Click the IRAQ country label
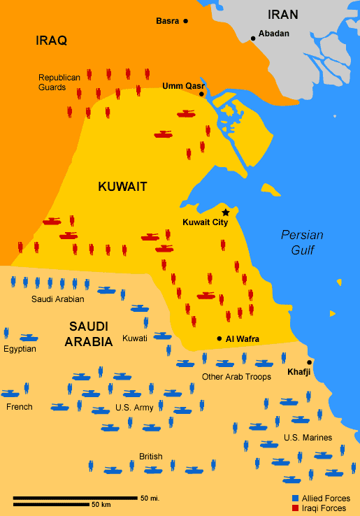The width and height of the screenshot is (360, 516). pyautogui.click(x=51, y=41)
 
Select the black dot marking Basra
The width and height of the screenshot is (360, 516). pyautogui.click(x=186, y=22)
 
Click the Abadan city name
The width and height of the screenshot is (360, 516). pyautogui.click(x=273, y=33)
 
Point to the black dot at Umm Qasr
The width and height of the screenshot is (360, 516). pyautogui.click(x=201, y=94)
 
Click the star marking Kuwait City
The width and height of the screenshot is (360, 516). pyautogui.click(x=225, y=212)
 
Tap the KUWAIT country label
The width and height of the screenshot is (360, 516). pyautogui.click(x=122, y=187)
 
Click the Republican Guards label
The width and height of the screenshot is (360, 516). pyautogui.click(x=59, y=83)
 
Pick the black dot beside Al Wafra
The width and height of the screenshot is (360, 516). pyautogui.click(x=219, y=339)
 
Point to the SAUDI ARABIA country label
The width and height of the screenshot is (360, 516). pyautogui.click(x=89, y=334)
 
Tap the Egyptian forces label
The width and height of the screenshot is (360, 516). pyautogui.click(x=20, y=349)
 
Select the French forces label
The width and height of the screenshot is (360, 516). pyautogui.click(x=19, y=406)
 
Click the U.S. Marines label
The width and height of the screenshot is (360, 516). pyautogui.click(x=307, y=438)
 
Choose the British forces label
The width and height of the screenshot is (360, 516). pyautogui.click(x=150, y=457)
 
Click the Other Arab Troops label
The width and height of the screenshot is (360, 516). pyautogui.click(x=236, y=377)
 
